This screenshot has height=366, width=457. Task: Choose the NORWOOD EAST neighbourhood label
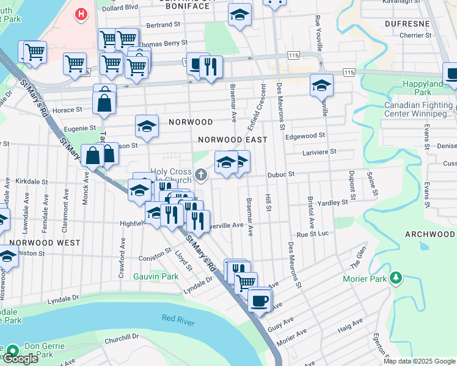pyautogui.click(x=233, y=140)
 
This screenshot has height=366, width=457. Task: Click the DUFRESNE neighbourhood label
pyautogui.click(x=408, y=23)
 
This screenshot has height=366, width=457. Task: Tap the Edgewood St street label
pyautogui.click(x=305, y=136)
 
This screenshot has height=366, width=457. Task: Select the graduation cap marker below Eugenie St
pyautogui.click(x=147, y=126)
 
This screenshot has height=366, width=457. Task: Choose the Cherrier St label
pyautogui.click(x=415, y=35)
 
